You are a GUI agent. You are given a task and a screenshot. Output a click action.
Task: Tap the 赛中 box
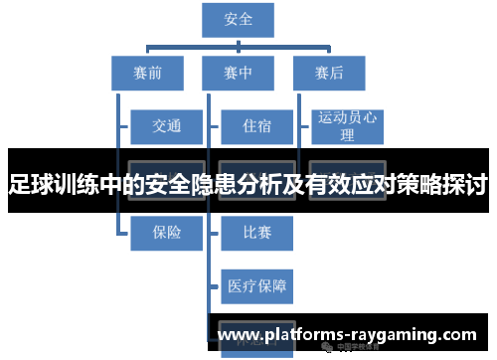pos(238,73)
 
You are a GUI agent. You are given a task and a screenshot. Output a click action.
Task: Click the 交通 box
pos(166,126)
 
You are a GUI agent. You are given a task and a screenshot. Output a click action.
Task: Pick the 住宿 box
pos(255,126)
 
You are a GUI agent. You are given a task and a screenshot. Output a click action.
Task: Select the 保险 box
pos(166,233)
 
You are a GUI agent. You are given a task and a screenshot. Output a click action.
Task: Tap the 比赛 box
pos(255,233)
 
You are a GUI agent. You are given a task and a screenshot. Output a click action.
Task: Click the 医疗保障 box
pos(256,286)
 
